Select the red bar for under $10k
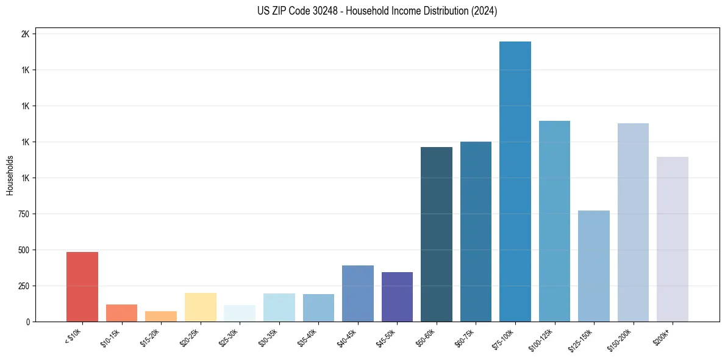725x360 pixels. [x=82, y=287]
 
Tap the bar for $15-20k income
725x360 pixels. [x=161, y=316]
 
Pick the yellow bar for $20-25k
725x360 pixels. [x=200, y=307]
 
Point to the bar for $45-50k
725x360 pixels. [x=397, y=297]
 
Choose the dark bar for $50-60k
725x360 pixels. [x=437, y=234]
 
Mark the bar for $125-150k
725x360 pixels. [x=593, y=266]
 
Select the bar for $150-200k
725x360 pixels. [x=633, y=222]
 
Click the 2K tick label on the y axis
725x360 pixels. [x=25, y=34]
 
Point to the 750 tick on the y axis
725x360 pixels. [x=23, y=214]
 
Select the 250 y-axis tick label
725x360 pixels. [x=23, y=286]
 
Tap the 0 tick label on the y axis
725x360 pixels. [x=27, y=322]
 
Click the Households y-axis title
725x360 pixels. [x=10, y=175]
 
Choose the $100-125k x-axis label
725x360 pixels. [x=543, y=339]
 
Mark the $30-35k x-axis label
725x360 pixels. [x=270, y=337]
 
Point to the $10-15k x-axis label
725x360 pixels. [x=112, y=337]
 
